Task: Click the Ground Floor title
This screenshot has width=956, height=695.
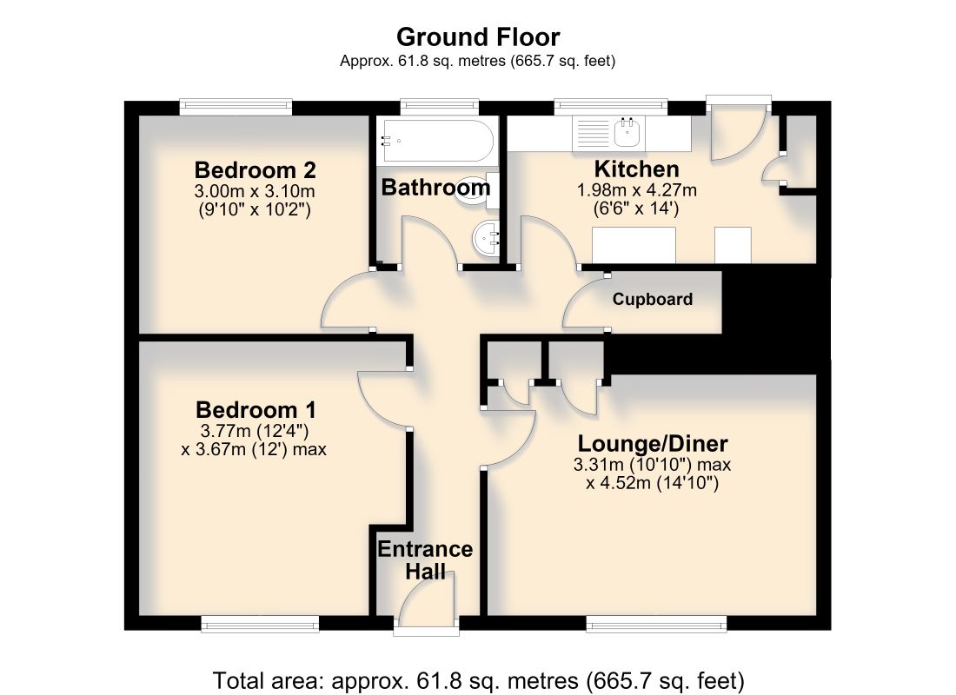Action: (x=478, y=37)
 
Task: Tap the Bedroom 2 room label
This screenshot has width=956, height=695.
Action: (x=255, y=169)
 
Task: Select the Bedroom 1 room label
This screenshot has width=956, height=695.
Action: (x=256, y=409)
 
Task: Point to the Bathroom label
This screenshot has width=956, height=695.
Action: (x=436, y=187)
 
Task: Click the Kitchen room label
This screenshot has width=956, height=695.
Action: (x=636, y=169)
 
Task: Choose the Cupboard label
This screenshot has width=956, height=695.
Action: (x=653, y=300)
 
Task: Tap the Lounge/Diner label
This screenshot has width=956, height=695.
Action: (x=653, y=443)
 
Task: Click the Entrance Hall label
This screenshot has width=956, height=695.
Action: (x=425, y=559)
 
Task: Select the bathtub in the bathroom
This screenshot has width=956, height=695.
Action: (x=436, y=140)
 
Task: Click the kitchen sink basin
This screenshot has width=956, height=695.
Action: (x=627, y=132)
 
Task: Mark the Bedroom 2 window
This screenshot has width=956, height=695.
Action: (x=236, y=108)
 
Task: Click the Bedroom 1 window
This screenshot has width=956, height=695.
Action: (x=261, y=622)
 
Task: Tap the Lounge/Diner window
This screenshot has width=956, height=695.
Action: (x=657, y=622)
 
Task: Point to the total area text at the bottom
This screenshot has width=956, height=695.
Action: (x=478, y=680)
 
